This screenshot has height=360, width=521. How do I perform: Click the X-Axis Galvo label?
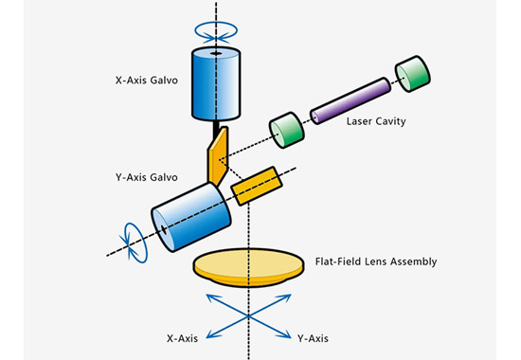147,81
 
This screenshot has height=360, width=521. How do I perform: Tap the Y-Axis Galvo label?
147,177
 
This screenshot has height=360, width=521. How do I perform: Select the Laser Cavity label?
376,121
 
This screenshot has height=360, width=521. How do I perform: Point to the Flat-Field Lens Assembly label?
376,261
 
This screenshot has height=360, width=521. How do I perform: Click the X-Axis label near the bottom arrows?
182,339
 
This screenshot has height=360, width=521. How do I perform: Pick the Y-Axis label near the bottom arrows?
313,339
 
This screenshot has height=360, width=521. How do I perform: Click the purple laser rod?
350,100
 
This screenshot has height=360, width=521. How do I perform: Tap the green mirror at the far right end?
412,74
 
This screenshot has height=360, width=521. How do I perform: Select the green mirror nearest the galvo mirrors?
286,130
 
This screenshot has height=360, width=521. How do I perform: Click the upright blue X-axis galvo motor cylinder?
216,83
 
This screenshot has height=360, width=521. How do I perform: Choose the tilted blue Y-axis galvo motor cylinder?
191,217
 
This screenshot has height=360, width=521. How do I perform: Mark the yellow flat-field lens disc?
248,267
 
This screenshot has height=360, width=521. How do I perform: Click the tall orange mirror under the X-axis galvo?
218,156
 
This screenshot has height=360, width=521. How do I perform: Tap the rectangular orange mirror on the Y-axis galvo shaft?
257,186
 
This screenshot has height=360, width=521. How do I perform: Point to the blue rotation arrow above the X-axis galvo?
216,32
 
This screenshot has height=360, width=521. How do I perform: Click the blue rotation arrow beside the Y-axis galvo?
135,243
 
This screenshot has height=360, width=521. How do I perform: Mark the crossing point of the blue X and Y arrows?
248,316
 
